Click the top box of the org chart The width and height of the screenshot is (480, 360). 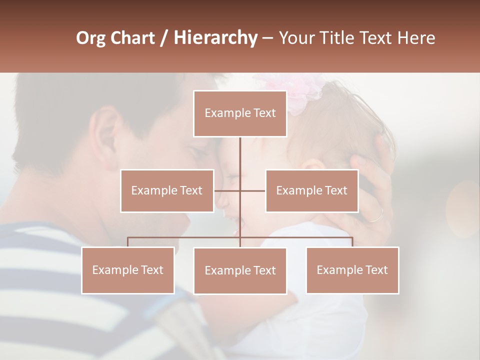point(240,113)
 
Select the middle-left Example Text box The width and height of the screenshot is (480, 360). point(167,190)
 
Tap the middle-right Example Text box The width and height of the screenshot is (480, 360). point(311,190)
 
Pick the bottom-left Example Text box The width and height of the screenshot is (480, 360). point(128,270)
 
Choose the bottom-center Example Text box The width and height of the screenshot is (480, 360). point(240,270)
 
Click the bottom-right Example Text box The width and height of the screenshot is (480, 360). point(352,270)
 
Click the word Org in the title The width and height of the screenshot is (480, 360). point(90,38)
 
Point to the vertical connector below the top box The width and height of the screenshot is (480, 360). point(240,152)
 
